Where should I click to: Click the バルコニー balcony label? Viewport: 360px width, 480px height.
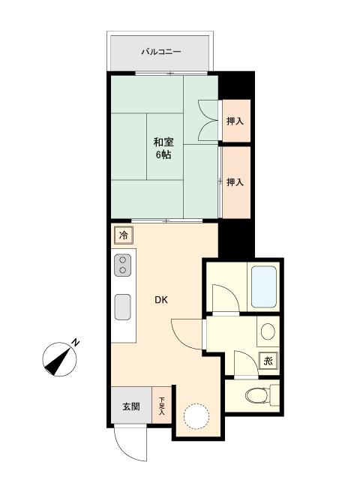click(161, 52)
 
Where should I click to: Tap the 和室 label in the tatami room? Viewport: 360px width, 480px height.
click(163, 142)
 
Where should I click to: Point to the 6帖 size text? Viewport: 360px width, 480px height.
click(163, 155)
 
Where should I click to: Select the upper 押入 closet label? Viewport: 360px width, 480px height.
click(235, 121)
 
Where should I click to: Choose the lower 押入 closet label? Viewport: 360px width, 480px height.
click(235, 182)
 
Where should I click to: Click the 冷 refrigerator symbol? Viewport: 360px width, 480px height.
click(124, 235)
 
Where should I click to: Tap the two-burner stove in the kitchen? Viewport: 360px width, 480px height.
click(122, 265)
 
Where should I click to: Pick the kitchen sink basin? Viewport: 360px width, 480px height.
click(122, 307)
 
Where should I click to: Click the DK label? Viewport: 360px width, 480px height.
click(161, 300)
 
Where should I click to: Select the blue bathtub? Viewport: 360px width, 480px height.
click(264, 286)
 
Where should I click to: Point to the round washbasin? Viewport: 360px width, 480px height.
click(268, 331)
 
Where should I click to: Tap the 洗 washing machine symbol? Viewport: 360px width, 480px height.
click(268, 361)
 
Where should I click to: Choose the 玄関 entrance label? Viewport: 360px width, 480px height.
click(131, 406)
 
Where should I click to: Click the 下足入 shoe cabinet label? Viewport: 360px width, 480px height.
click(162, 406)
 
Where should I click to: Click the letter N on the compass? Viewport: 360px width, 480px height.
click(75, 343)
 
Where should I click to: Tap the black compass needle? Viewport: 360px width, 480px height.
click(58, 362)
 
